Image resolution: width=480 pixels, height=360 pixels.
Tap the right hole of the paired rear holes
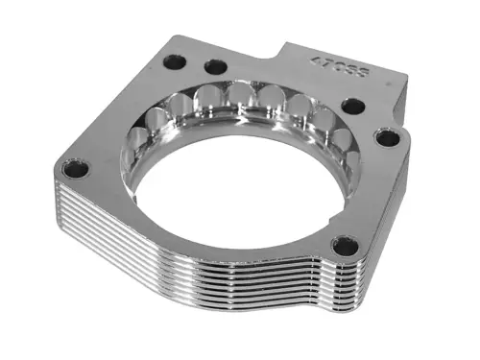point(216,67)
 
